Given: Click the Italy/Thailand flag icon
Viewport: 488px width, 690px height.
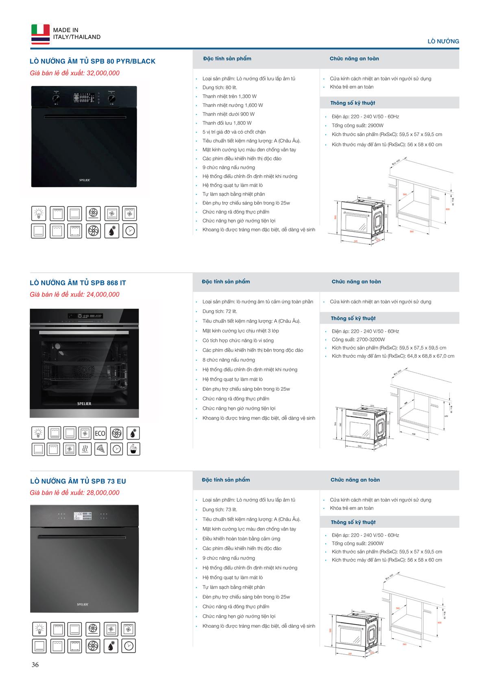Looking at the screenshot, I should [x=40, y=34].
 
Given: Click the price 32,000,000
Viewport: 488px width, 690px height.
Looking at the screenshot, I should [x=103, y=73].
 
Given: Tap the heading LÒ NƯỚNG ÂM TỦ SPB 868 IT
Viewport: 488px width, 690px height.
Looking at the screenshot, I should [x=78, y=283].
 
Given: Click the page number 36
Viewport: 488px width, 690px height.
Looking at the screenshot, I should [x=35, y=665].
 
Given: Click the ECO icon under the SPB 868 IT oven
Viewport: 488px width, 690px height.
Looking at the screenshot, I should [x=100, y=433].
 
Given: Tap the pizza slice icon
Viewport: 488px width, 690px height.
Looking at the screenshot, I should [x=100, y=449].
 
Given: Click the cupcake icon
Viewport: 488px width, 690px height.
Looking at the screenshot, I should [x=133, y=449].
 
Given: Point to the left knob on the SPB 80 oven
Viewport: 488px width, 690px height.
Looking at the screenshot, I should [x=56, y=98].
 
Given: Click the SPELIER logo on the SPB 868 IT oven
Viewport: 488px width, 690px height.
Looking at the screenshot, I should [x=84, y=404].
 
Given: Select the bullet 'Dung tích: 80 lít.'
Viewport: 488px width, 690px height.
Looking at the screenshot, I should [x=220, y=87].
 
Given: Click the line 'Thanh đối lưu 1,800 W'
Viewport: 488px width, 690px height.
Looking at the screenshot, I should [x=227, y=123].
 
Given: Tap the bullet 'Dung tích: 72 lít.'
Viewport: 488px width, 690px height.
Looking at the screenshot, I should [x=220, y=311].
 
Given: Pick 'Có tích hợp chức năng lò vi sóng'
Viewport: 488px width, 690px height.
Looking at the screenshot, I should [x=238, y=340].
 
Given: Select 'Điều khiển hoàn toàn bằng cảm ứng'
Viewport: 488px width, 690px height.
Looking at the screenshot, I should [x=241, y=539].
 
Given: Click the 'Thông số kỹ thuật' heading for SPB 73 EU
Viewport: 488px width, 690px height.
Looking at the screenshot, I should [x=353, y=522].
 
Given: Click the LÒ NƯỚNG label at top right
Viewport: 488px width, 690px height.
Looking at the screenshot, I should [x=443, y=41].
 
